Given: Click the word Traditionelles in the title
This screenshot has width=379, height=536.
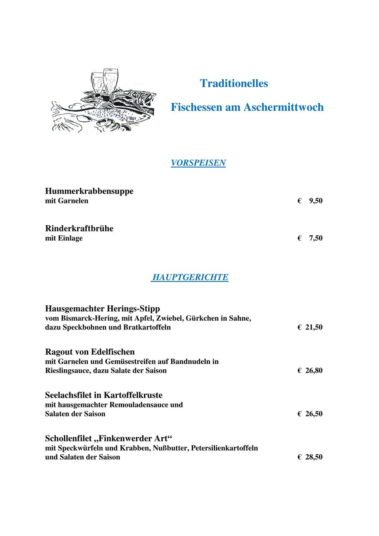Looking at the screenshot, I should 234,83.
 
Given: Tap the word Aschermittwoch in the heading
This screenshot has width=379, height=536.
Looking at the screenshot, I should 284,107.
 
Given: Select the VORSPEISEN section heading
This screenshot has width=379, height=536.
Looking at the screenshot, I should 198,163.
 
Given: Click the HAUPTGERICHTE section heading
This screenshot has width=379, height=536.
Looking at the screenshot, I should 190,277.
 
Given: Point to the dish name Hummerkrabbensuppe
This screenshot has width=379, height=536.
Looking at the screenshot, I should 89,191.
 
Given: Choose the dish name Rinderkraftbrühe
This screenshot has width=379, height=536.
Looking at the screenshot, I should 79,229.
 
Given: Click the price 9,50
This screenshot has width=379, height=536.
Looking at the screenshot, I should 316,201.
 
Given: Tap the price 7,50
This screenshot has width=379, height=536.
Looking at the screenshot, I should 316,238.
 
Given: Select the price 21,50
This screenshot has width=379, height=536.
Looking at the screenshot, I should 314,327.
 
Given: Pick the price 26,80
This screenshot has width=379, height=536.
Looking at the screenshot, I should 314,371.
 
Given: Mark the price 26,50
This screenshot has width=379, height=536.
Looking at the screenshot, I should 314,414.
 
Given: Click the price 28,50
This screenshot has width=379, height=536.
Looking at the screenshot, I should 314,457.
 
